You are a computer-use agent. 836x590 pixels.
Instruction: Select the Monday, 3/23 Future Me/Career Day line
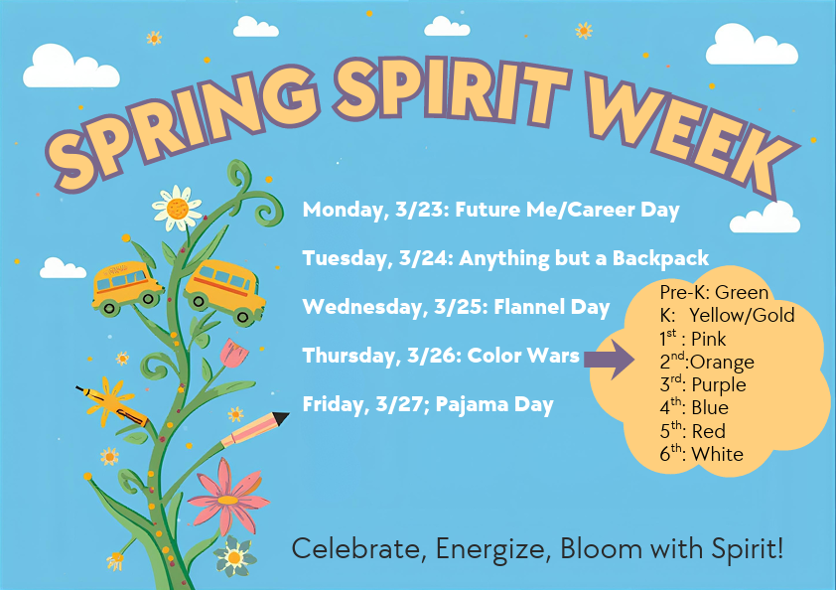point(490,210)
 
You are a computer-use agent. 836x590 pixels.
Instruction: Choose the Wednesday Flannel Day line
point(456,307)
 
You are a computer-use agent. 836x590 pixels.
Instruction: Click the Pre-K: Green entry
point(714,293)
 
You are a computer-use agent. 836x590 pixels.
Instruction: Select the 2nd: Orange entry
point(707,363)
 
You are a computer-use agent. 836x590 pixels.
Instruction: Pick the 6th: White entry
point(701,455)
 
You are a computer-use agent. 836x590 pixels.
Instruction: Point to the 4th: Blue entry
point(694,408)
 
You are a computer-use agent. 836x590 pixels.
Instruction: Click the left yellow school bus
point(127,286)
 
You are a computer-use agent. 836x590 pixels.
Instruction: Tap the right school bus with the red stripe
point(226,290)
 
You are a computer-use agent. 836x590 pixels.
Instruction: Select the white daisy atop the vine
point(178,208)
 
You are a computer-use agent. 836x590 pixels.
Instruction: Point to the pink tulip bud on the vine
point(232,354)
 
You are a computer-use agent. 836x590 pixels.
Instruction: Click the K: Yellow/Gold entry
point(727,316)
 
